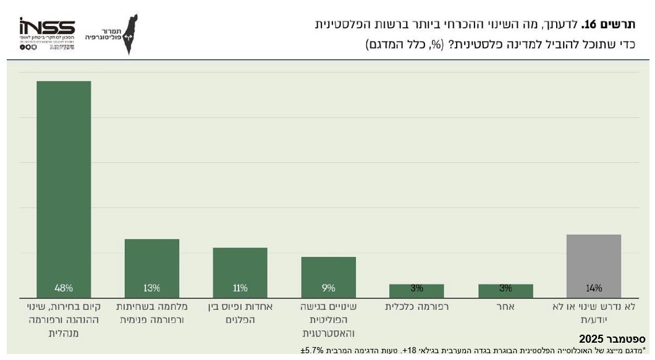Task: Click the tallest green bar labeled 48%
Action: pos(64,185)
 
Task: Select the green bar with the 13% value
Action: pos(152,266)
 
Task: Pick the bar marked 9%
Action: pos(329,275)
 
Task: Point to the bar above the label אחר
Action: pos(505,290)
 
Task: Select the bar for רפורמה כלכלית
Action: pos(416,290)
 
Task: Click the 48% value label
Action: pos(64,288)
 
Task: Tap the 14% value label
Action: pos(594,288)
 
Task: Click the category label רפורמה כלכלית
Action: pos(416,306)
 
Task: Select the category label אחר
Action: pos(505,306)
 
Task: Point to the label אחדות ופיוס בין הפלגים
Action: pos(240,312)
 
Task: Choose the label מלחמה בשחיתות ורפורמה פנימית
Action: pos(152,312)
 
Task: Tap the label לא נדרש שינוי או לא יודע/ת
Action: pos(594,312)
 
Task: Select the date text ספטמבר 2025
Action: pos(612,339)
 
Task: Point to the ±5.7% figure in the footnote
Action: pos(313,351)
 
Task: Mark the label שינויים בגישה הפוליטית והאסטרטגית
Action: pos(329,319)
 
